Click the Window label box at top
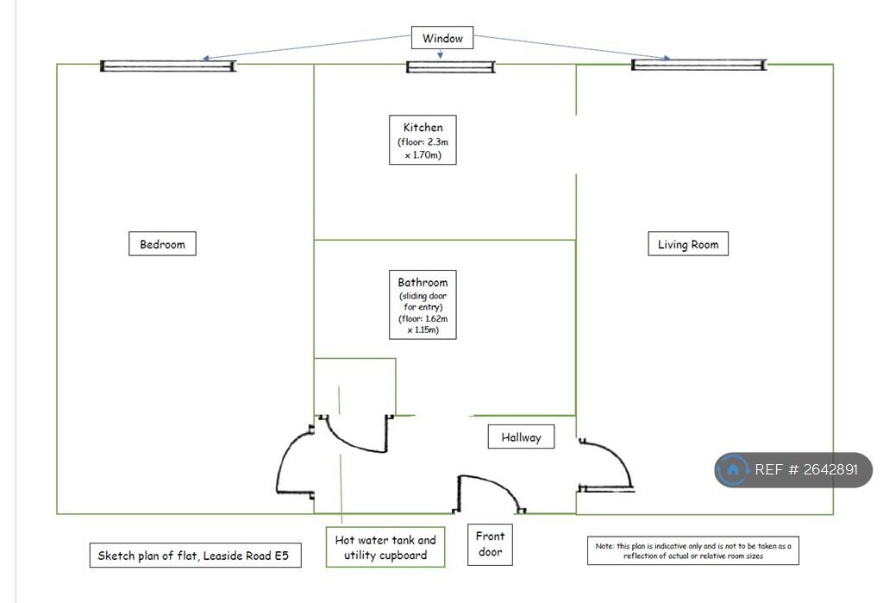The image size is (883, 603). click(x=442, y=38)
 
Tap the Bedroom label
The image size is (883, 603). click(x=162, y=244)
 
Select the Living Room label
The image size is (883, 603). click(x=687, y=244)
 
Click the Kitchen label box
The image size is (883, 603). click(x=423, y=140)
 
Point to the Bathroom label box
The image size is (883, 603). click(x=423, y=305)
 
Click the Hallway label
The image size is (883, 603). click(x=521, y=437)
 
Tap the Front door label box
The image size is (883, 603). click(x=490, y=544)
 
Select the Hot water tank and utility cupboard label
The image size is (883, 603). click(x=385, y=547)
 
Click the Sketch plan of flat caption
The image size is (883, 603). click(x=195, y=556)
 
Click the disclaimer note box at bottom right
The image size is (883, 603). click(x=692, y=550)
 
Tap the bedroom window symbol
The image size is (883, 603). click(x=168, y=66)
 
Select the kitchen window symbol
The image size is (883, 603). click(x=450, y=66)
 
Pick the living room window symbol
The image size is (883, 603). click(x=698, y=65)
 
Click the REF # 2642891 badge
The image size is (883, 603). click(x=793, y=470)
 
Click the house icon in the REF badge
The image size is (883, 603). click(x=732, y=470)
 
